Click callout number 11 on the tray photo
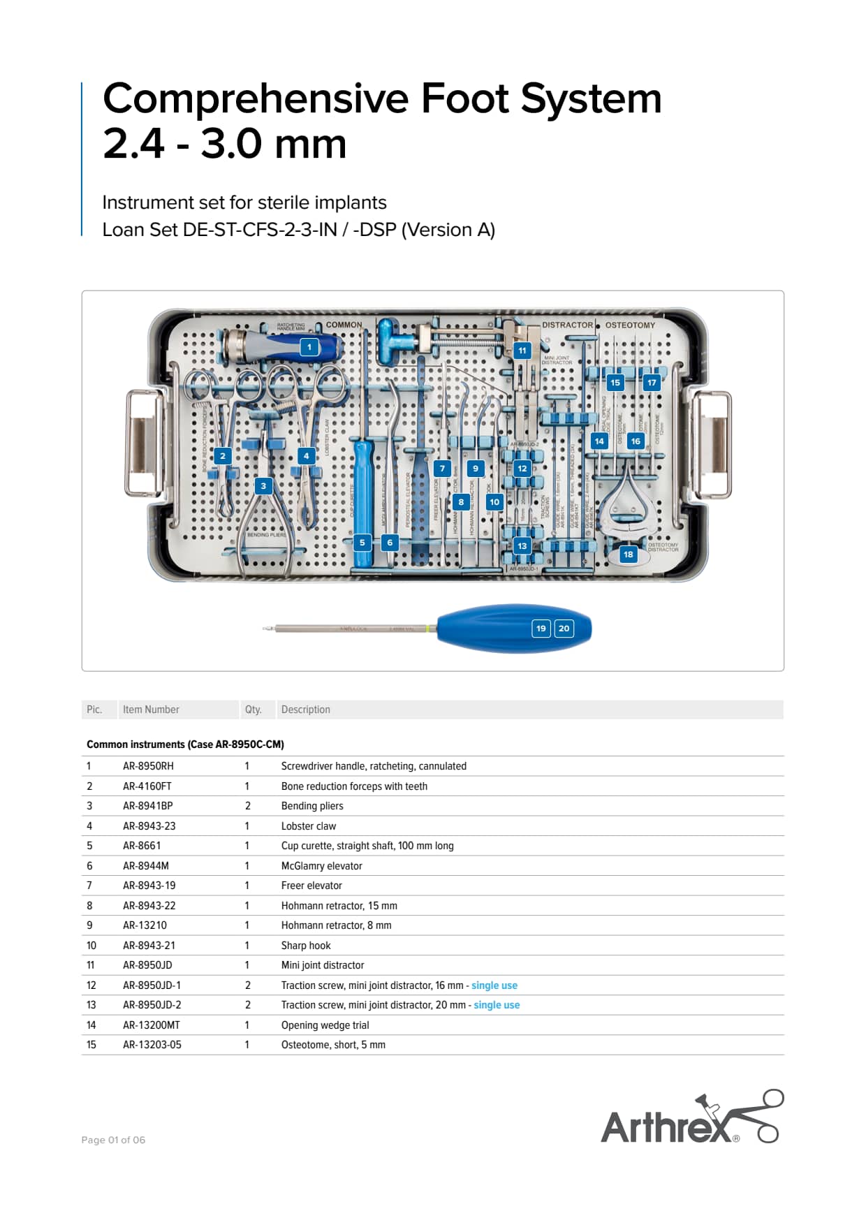522,351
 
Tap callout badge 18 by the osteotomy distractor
629,555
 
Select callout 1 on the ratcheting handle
309,347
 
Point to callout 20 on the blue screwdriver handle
564,629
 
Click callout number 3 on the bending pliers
263,486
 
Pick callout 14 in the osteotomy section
599,441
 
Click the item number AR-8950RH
148,766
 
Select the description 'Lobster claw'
309,826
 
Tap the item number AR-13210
145,925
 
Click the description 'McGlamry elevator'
321,866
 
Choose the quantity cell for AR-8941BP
247,806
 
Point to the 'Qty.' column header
253,710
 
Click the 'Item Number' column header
151,710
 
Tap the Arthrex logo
691,1118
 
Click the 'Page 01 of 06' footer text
113,1140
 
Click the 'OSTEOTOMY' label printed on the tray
630,325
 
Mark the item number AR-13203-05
152,1045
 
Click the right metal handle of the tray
712,444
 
